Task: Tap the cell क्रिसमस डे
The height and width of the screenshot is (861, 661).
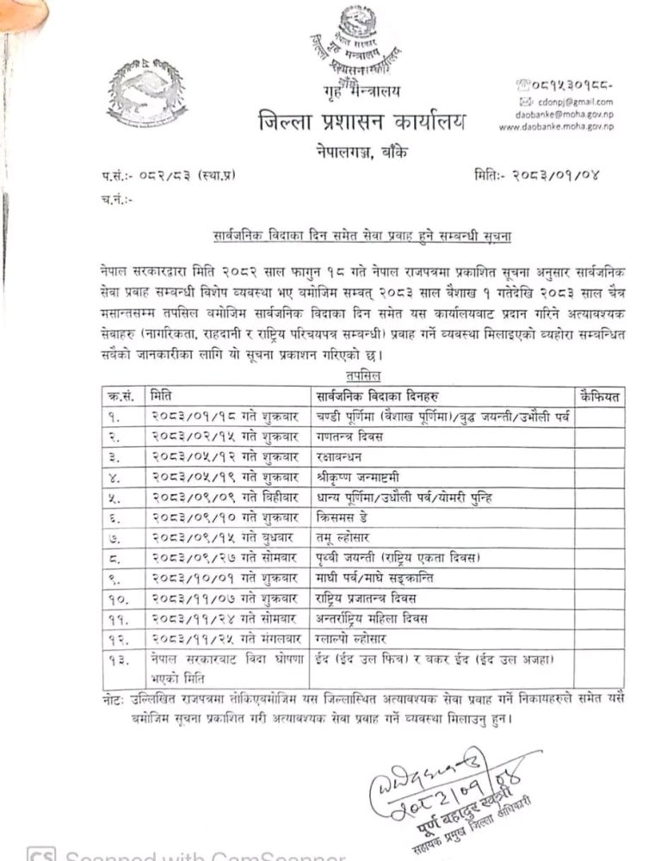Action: pos(337,518)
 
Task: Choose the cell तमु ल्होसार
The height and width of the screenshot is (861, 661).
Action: pos(339,538)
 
